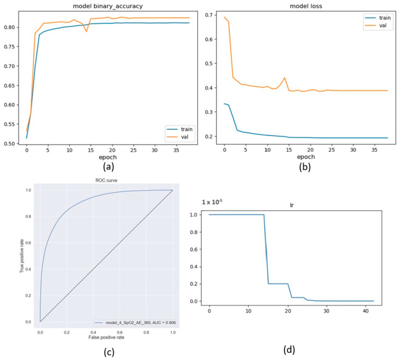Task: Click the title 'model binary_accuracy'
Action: click(108, 6)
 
